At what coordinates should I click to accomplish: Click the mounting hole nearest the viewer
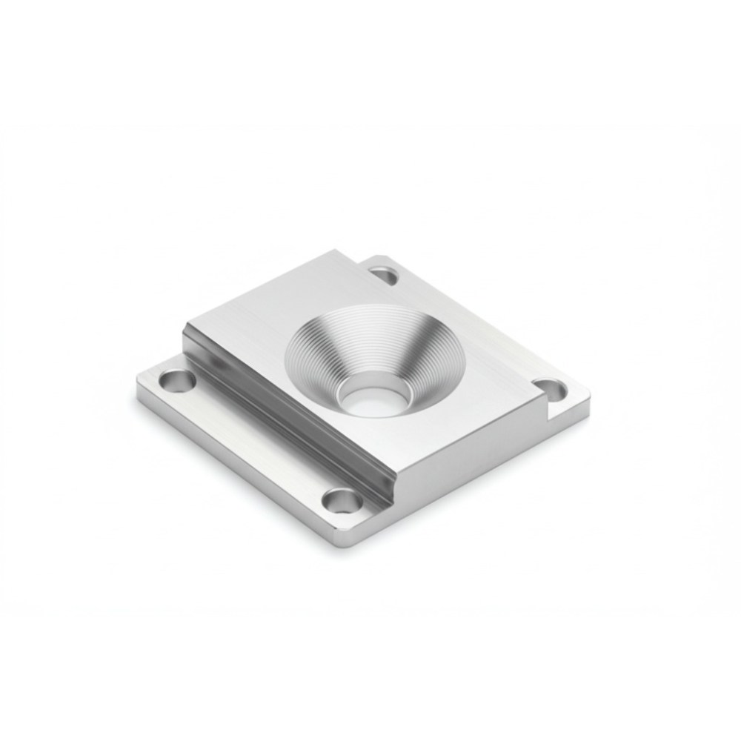(344, 501)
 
